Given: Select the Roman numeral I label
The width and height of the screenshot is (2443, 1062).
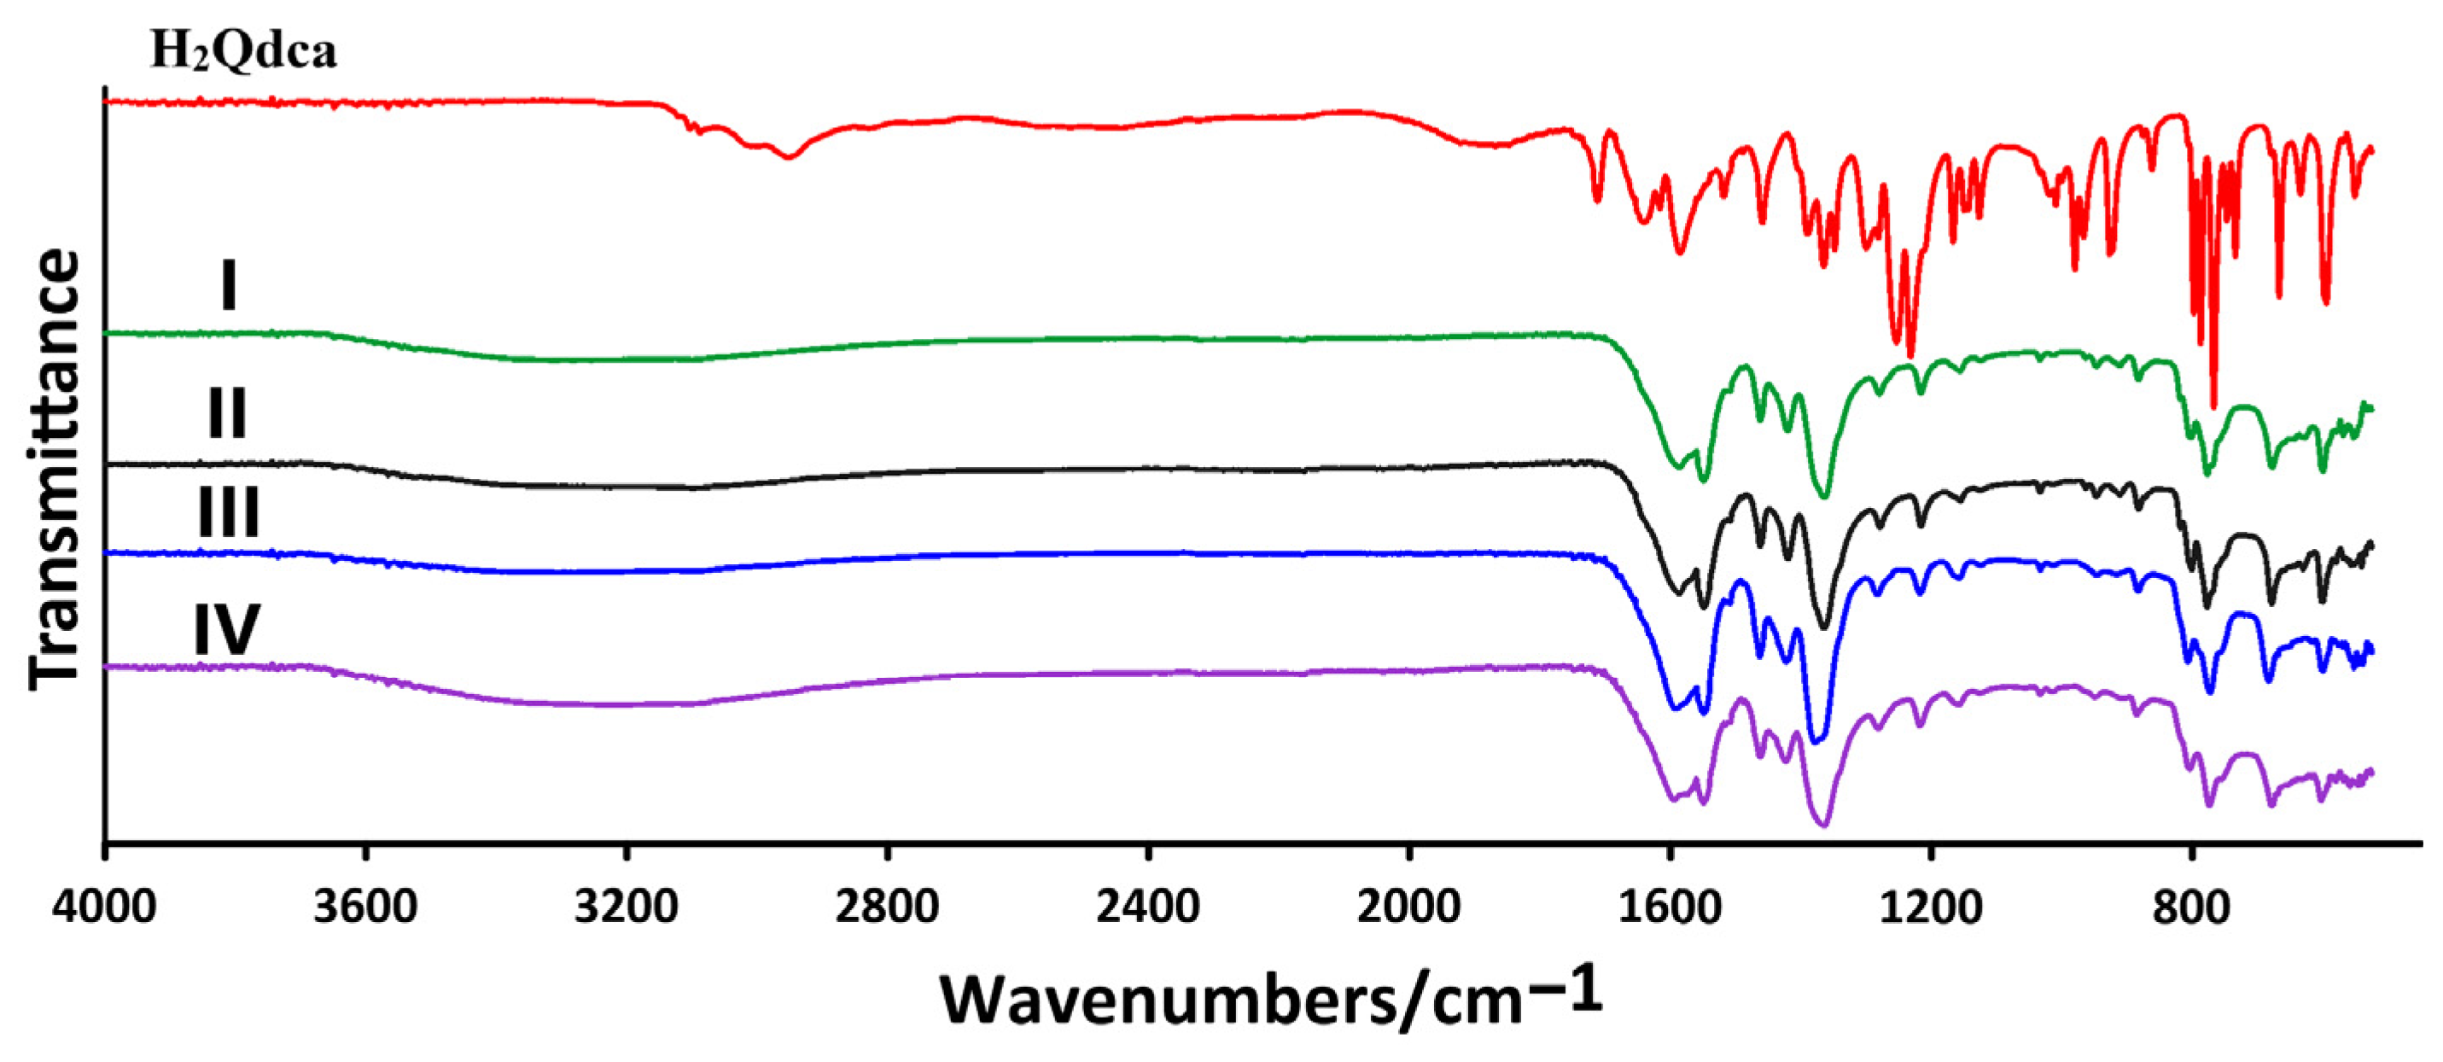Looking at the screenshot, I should pyautogui.click(x=228, y=285).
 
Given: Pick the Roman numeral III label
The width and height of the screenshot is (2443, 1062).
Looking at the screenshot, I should pyautogui.click(x=228, y=513).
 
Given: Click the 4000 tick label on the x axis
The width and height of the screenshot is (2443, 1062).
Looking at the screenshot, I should pyautogui.click(x=104, y=907).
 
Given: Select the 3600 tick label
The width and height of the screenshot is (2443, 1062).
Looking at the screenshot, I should pyautogui.click(x=366, y=907).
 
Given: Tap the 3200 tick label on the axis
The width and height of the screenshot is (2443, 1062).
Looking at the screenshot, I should pyautogui.click(x=626, y=907).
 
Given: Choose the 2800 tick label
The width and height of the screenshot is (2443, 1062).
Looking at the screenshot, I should pyautogui.click(x=887, y=907).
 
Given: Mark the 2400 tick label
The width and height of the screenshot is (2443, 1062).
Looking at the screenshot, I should pyautogui.click(x=1147, y=907).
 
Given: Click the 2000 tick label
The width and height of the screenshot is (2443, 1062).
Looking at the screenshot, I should pyautogui.click(x=1408, y=907).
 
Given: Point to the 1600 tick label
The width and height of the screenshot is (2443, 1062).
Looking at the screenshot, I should pyautogui.click(x=1669, y=907).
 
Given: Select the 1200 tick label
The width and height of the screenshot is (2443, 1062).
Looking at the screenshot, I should pyautogui.click(x=1930, y=907).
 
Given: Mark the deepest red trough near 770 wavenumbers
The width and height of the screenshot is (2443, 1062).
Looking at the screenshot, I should pyautogui.click(x=2213, y=406).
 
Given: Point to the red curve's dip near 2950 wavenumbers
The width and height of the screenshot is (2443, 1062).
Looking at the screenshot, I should pyautogui.click(x=788, y=156).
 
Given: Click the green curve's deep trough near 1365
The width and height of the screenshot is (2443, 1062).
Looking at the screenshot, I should pyautogui.click(x=1825, y=494).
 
